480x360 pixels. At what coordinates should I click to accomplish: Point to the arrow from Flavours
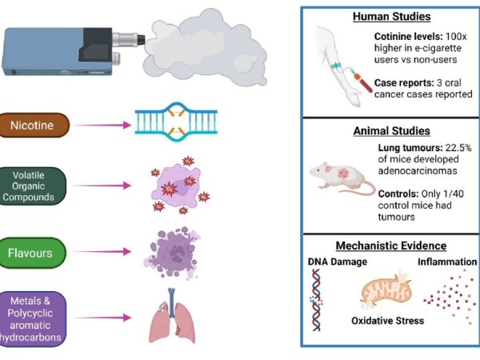(x=102, y=254)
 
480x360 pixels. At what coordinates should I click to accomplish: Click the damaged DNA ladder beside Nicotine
(x=171, y=120)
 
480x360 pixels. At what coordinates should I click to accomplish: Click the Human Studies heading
(x=390, y=17)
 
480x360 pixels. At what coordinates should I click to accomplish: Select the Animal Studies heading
(x=391, y=130)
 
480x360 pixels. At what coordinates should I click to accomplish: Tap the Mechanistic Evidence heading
(x=391, y=246)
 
